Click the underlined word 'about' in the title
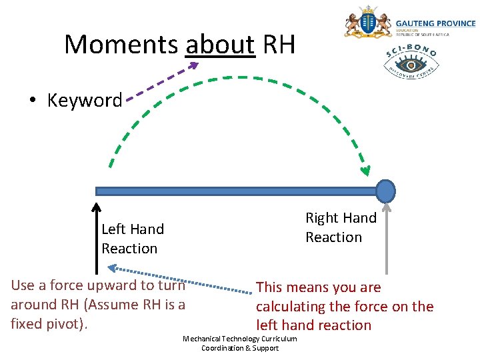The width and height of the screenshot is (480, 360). [x=220, y=45]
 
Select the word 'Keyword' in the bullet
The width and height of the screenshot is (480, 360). [x=85, y=101]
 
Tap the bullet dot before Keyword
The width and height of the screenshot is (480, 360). [x=31, y=101]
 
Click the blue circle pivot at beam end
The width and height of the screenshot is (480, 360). [x=385, y=191]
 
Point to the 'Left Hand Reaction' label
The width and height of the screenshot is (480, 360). [x=132, y=239]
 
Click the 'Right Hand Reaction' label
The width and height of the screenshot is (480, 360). [x=341, y=227]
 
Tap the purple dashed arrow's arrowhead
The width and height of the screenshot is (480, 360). [x=193, y=65]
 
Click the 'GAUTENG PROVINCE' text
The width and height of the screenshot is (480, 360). [x=435, y=23]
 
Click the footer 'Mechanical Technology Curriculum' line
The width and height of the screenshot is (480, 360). [x=240, y=339]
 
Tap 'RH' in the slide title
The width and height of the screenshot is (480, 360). [x=279, y=45]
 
